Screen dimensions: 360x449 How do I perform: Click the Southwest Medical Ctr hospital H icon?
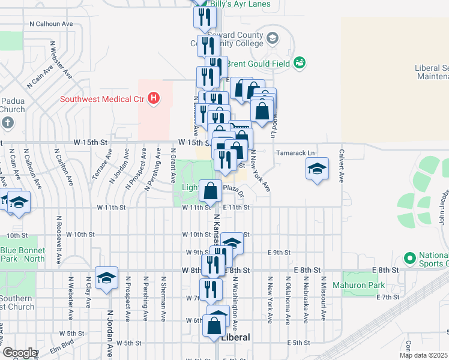pos(154,98)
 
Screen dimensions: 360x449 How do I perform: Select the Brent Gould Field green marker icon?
pos(299,62)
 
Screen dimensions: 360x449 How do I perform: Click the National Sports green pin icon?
pos(410,259)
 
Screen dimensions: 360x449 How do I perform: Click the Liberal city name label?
pos(236,338)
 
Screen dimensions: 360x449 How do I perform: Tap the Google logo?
pos(19,353)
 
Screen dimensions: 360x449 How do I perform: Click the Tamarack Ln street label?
pos(295,153)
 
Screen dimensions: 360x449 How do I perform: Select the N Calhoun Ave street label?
pos(51,25)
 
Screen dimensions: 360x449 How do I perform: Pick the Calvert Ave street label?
pos(341,166)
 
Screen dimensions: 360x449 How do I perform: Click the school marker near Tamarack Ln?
pos(318,169)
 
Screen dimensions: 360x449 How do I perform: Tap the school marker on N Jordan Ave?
pos(106,278)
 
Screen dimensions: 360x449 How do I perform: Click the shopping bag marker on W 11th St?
pos(211,191)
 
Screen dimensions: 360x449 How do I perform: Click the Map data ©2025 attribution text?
pos(423,355)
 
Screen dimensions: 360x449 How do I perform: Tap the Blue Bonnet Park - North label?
pos(22,254)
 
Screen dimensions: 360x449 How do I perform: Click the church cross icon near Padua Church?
pos(7,123)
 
